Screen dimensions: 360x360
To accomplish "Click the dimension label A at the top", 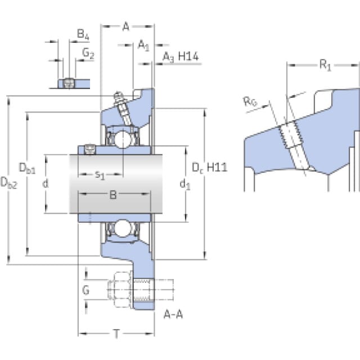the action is tap(126, 26).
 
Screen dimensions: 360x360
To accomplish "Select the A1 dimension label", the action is tap(143, 45).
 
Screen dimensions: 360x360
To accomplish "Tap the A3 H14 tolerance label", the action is tap(181, 57).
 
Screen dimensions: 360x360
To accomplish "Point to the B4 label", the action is tap(83, 34).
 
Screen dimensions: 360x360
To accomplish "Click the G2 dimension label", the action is tap(88, 53).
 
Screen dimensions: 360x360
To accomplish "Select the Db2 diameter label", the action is tap(9, 183).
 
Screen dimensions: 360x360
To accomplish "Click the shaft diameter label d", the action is tap(46, 183).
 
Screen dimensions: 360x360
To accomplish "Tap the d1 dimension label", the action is tap(185, 184).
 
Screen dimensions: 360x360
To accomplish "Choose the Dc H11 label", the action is tap(209, 168).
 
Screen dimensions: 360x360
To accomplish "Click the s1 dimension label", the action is tap(100, 175).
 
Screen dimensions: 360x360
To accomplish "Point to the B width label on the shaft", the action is tap(113, 195).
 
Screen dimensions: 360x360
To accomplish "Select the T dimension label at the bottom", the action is tap(116, 334).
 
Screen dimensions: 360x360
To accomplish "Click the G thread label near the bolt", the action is tap(85, 290).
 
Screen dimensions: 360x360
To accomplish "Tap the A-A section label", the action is tap(173, 314).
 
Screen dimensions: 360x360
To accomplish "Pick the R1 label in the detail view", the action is tap(325, 65).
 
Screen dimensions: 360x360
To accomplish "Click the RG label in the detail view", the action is tap(250, 102).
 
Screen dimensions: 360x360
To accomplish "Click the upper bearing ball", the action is tap(123, 139).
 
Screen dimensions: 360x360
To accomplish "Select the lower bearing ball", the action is tap(123, 228).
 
